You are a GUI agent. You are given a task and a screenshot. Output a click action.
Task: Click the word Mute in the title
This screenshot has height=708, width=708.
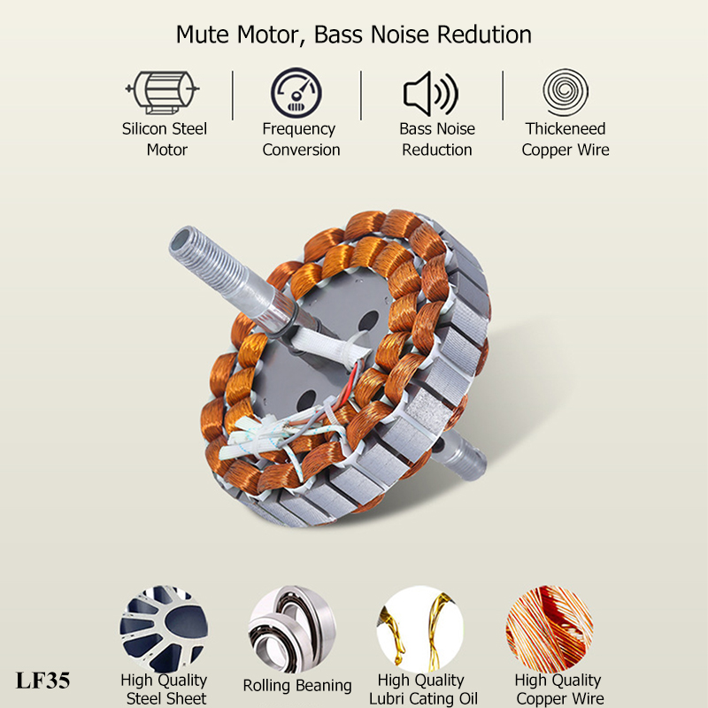(x=204, y=35)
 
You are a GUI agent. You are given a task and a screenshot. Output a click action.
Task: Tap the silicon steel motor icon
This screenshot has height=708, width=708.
(x=163, y=92)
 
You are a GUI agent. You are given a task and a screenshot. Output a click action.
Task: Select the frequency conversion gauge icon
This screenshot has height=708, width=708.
(x=296, y=93)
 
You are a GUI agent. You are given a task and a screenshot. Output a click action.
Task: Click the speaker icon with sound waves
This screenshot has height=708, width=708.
(x=431, y=94)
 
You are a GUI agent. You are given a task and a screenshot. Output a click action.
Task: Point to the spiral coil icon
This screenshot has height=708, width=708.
(x=566, y=92)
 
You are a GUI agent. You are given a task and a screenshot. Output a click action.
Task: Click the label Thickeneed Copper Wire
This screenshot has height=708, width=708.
(x=566, y=139)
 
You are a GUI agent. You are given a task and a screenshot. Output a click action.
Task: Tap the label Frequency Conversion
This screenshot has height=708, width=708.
(x=301, y=139)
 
